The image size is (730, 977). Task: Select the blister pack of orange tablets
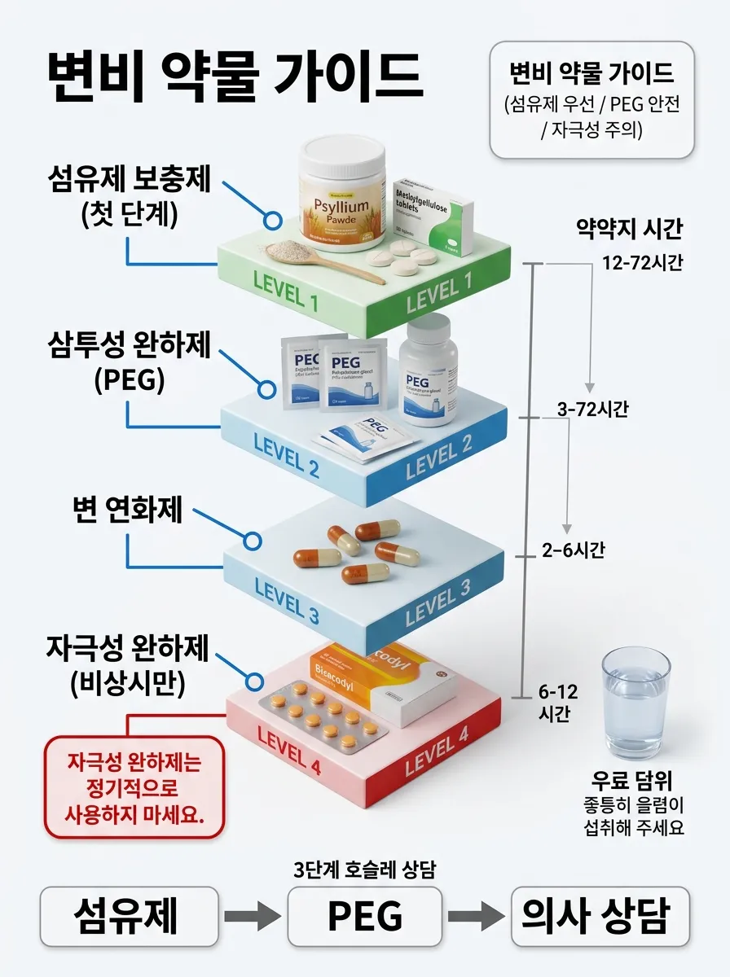coord(322,719)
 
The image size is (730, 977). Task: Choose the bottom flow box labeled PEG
coord(365,916)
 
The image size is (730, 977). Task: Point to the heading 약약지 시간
coord(628,230)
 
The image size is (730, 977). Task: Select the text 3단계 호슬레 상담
coord(364,869)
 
